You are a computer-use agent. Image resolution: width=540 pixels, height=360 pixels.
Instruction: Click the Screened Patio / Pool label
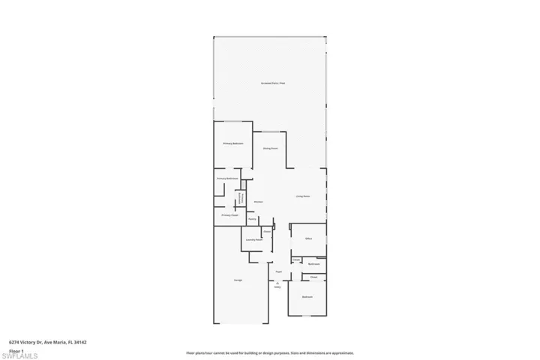point(273,83)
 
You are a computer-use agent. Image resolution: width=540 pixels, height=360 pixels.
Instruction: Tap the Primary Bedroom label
point(232,143)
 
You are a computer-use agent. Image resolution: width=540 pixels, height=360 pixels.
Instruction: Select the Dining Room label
point(271,148)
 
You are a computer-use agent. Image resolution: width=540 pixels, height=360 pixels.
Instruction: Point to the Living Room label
point(303,196)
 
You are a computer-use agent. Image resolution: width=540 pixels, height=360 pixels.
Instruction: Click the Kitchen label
point(258,202)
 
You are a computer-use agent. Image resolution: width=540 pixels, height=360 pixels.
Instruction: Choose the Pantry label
point(252,219)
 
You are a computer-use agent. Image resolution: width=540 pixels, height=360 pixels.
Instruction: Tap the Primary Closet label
point(229,215)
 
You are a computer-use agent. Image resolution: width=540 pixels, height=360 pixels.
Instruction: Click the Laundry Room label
point(253,240)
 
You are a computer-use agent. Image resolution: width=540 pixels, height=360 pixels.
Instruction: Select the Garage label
point(238,280)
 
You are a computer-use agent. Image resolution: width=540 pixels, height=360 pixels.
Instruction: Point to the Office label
point(307,238)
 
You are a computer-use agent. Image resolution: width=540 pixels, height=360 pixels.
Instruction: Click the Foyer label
point(278,271)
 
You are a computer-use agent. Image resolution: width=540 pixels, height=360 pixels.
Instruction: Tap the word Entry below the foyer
point(277,286)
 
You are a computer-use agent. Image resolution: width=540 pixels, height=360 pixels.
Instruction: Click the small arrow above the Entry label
point(277,282)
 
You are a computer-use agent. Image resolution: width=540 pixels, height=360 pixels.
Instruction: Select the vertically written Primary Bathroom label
point(241,197)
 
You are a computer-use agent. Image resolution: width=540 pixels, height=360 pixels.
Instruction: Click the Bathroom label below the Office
point(315,263)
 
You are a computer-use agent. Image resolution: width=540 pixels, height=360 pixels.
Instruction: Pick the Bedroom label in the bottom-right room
point(307,297)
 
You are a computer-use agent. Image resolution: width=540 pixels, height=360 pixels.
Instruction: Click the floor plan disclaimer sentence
point(270,352)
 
